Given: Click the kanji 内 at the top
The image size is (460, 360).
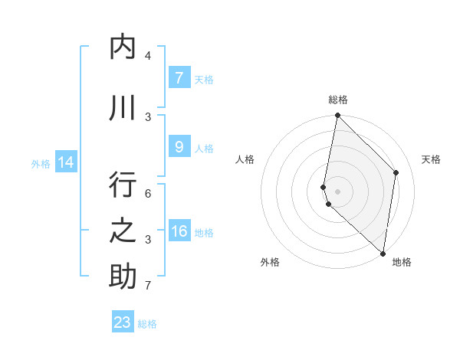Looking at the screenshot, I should tap(123, 47).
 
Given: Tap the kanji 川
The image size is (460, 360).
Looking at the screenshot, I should tap(123, 108).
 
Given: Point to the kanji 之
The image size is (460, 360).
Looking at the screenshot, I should tap(123, 231).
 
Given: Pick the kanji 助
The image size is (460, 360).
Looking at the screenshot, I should tap(123, 277).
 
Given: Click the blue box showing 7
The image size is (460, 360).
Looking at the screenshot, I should tap(179, 77).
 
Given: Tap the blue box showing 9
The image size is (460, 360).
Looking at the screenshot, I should tap(179, 147).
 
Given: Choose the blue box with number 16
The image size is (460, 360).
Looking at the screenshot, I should tap(179, 231).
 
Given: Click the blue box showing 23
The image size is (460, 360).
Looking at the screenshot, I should tap(123, 322).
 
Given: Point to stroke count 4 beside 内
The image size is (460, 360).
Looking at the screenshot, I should tap(147, 56).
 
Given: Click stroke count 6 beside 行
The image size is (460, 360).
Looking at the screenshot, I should tap(147, 194).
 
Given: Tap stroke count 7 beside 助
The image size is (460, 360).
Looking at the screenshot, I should tap(147, 286).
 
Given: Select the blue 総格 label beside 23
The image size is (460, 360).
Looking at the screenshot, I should tap(148, 324).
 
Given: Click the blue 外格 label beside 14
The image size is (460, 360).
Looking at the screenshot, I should tap(41, 163).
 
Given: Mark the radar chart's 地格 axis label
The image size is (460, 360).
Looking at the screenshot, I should tap(402, 262).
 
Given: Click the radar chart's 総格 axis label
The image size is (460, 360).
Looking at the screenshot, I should tap(338, 100).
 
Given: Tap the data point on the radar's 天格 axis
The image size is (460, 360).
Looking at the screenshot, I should tap(396, 172).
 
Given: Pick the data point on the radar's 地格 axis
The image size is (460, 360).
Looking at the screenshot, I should tap(383, 253).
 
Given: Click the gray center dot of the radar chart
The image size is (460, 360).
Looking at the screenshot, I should tap(338, 191).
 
